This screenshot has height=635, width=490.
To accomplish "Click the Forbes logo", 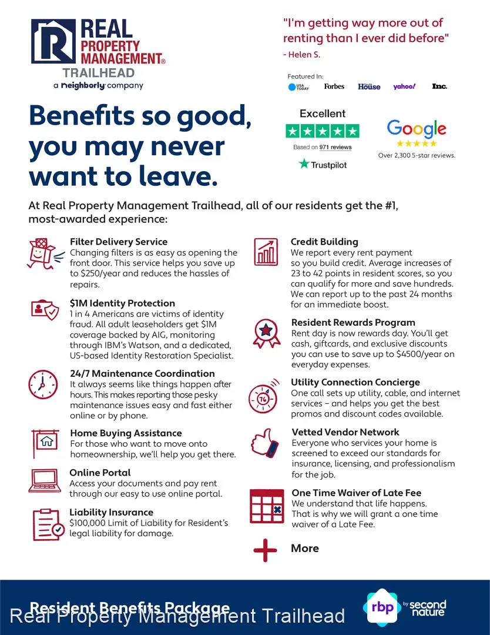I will [334, 86].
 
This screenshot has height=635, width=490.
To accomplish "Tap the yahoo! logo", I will [404, 86].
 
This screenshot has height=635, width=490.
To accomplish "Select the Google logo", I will [417, 129].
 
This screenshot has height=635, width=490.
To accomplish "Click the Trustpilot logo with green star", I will [323, 165].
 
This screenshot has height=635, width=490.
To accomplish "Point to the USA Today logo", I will [298, 87].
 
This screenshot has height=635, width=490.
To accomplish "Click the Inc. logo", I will [439, 86].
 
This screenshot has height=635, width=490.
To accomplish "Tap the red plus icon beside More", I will [265, 550].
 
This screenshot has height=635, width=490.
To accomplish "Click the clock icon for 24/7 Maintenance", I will [43, 385].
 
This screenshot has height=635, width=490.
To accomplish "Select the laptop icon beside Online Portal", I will [44, 482].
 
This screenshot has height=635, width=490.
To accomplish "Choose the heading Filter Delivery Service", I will [119, 242].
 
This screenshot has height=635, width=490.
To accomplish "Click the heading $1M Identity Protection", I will [122, 303].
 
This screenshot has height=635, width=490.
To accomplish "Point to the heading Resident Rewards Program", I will [353, 322].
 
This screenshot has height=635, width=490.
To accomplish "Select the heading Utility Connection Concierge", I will [355, 382].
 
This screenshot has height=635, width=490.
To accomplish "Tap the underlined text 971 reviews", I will [335, 147].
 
